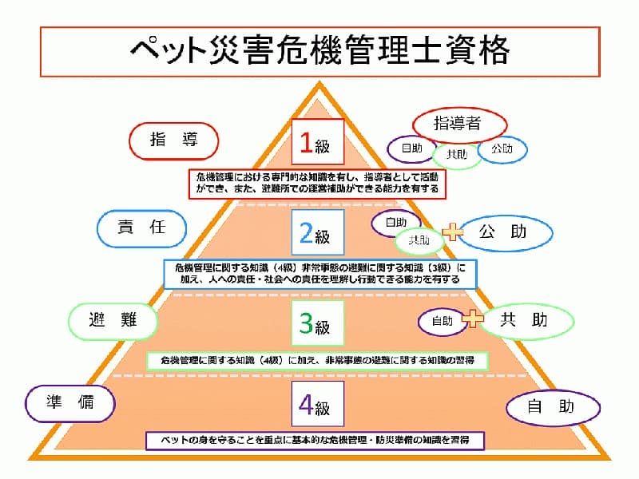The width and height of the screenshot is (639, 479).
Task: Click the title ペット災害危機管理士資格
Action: [319, 51]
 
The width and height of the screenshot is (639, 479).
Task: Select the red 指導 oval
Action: [174, 141]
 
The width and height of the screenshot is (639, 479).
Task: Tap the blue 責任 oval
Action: [141, 228]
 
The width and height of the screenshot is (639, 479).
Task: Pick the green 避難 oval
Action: [113, 320]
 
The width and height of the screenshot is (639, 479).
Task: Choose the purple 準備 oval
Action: [71, 402]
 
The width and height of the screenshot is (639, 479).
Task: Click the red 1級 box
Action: [317, 142]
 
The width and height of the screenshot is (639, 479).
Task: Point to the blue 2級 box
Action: [316, 233]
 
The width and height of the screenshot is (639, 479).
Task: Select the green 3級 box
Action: [316, 323]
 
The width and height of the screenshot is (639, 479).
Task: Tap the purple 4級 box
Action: [316, 406]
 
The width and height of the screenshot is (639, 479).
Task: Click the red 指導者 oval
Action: [460, 123]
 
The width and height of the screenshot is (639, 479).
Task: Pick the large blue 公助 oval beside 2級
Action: [504, 232]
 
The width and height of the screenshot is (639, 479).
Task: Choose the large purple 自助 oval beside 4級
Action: [552, 406]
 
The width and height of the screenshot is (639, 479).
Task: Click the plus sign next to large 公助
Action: [453, 232]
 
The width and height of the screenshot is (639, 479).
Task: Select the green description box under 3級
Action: [317, 360]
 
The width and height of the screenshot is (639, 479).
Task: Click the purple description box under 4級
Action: [316, 440]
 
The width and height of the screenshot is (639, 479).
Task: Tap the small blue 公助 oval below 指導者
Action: [503, 148]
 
